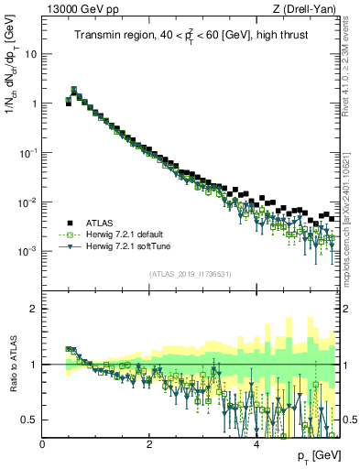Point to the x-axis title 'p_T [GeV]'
click(x=317, y=455)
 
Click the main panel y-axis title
click(x=12, y=92)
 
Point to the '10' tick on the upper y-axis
click(x=32, y=54)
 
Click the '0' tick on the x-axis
click(x=43, y=444)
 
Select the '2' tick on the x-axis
click(x=149, y=444)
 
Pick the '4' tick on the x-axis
click(x=256, y=444)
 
